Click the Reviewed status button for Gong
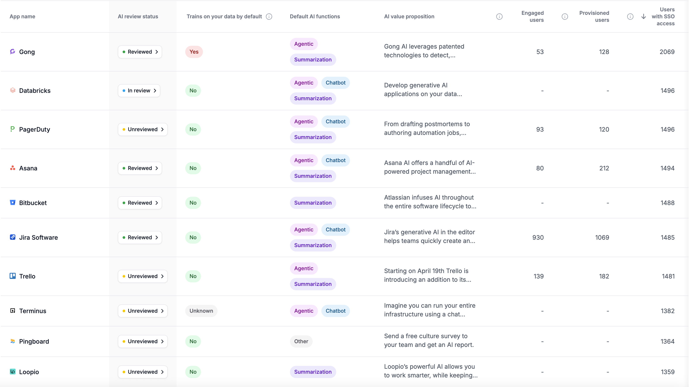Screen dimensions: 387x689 click(140, 52)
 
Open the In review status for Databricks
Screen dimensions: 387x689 click(139, 91)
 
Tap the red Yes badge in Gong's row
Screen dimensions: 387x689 click(194, 52)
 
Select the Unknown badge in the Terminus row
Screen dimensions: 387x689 click(201, 311)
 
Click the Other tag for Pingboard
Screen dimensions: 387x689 click(301, 341)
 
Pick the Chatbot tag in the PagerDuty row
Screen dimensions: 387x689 click(335, 122)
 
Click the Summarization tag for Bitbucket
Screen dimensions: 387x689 click(313, 203)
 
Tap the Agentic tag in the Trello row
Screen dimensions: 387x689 click(303, 268)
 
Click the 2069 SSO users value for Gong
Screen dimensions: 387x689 click(667, 52)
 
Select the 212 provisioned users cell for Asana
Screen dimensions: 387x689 click(604, 168)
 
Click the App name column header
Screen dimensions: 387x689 click(22, 17)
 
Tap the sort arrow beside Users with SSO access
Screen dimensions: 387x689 click(644, 17)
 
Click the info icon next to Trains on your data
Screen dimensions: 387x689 click(269, 17)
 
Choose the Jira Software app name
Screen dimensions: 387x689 click(39, 238)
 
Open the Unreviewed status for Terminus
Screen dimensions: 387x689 click(142, 311)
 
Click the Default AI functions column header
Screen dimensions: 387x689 click(315, 17)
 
